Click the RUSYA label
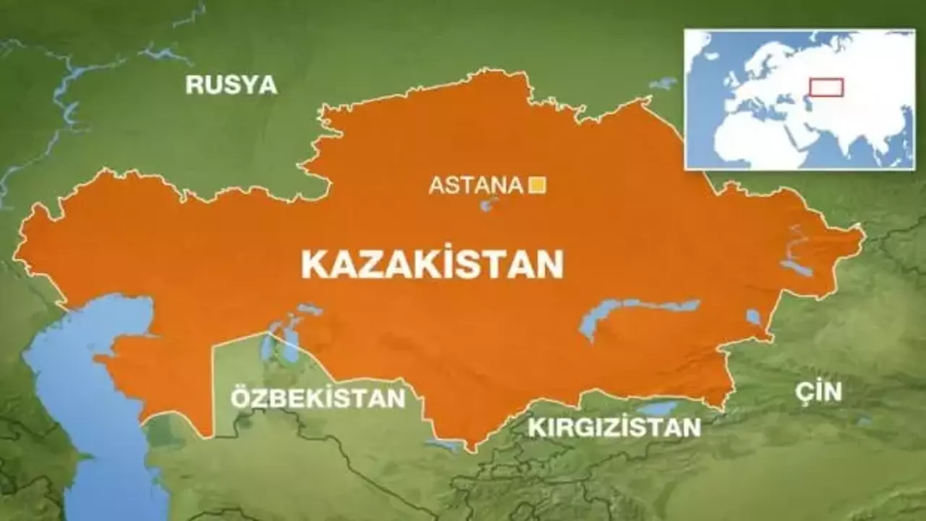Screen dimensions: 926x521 point(231,85)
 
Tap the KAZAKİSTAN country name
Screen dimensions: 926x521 point(432,264)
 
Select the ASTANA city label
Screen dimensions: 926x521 point(475,185)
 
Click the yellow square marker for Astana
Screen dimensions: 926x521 point(538,185)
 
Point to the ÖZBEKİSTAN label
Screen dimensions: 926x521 point(318,398)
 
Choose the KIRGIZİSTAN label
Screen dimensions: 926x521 point(614,427)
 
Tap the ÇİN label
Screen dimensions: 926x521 point(818,391)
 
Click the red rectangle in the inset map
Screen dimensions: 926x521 point(825,88)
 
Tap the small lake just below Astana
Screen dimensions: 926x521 point(486,206)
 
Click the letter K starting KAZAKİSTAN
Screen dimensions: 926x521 point(313,265)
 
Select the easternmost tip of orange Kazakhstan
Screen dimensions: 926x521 point(863,235)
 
